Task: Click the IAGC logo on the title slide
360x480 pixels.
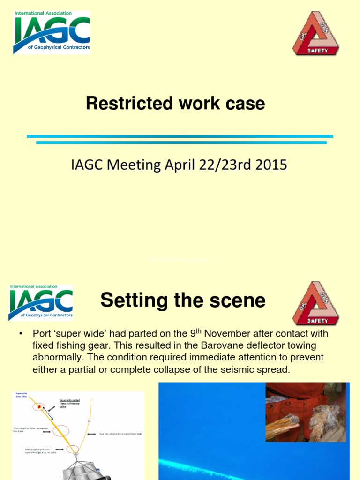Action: tap(52, 32)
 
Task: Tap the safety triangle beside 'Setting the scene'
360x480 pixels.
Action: tap(316, 303)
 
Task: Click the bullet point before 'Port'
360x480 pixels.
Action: tap(21, 334)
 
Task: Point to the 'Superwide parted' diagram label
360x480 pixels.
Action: tap(69, 402)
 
